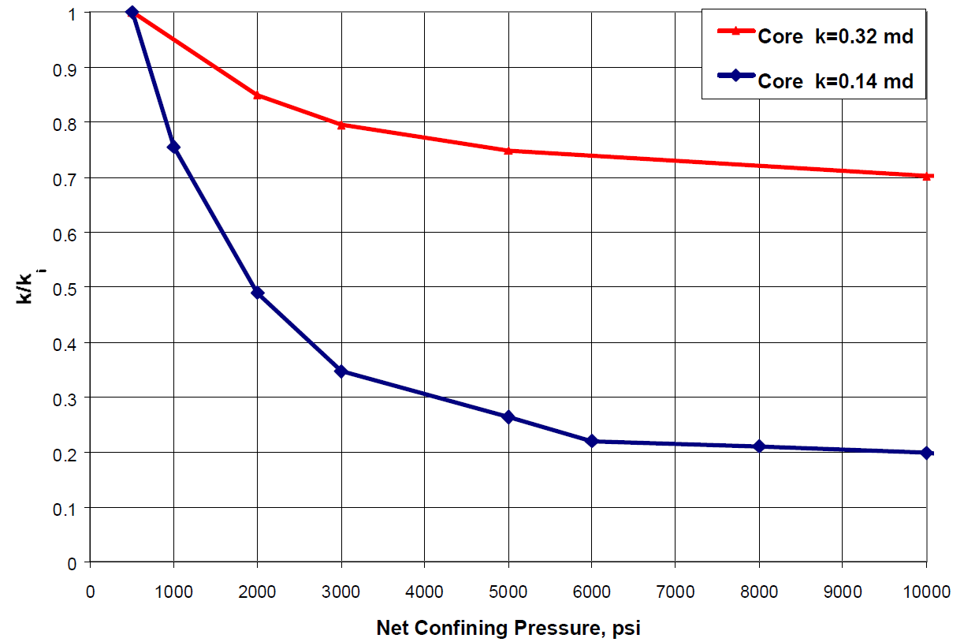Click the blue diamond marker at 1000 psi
coord(173,147)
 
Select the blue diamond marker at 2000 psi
coord(257,293)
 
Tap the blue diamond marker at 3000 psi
coord(341,371)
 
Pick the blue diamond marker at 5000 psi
coord(508,416)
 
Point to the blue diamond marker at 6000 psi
coord(592,441)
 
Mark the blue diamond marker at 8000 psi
coord(759,446)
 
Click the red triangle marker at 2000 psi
coord(257,95)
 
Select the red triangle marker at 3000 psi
coord(341,125)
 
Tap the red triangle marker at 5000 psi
coord(508,150)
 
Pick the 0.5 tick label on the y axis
coord(68,288)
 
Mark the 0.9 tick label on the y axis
coord(68,68)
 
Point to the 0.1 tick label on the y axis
coord(68,508)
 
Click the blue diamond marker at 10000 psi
coord(927,453)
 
